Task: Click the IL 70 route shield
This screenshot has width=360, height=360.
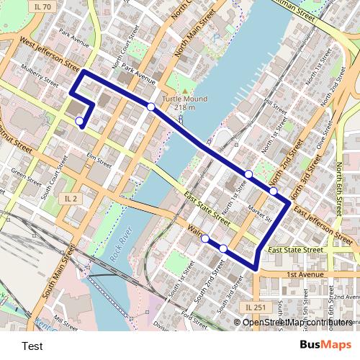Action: coord(42,6)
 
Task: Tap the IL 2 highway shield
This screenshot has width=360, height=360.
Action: coord(70,198)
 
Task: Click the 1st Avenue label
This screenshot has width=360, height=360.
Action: coord(305,275)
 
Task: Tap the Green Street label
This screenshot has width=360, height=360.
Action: coord(27,176)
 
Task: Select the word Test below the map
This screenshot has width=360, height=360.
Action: coord(32,346)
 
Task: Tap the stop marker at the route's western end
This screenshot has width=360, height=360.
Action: coord(79,122)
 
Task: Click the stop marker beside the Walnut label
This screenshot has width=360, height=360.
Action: coord(205,238)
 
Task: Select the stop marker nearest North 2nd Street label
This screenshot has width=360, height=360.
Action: coord(274,191)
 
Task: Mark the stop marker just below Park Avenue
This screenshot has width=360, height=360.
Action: coord(151,107)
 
